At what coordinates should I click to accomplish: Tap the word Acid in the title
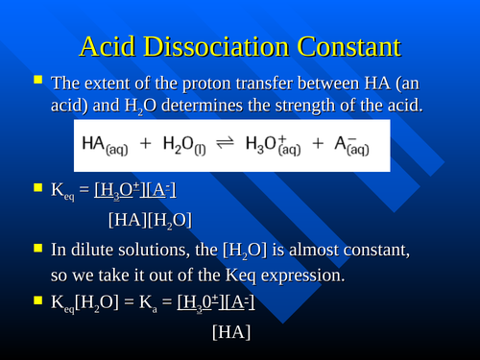pos(106,46)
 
